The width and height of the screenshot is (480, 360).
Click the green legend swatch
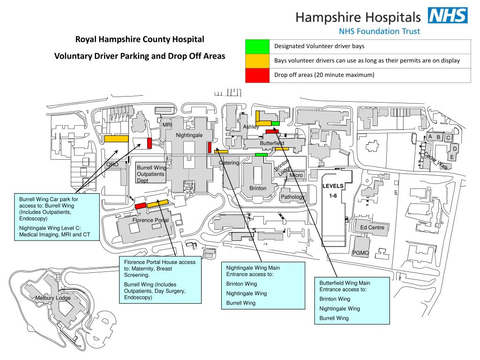pyautogui.click(x=257, y=46)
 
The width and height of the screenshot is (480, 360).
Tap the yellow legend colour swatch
pyautogui.click(x=257, y=61)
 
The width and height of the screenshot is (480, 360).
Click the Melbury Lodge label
pyautogui.click(x=52, y=298)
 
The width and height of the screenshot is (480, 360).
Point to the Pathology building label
pyautogui.click(x=293, y=197)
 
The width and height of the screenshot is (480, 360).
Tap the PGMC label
pyautogui.click(x=360, y=253)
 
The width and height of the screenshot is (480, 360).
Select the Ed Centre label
pyautogui.click(x=372, y=228)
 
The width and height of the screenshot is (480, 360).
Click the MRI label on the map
pyautogui.click(x=167, y=125)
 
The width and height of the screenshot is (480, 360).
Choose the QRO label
pyautogui.click(x=112, y=165)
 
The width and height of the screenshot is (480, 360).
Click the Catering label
pyautogui.click(x=229, y=163)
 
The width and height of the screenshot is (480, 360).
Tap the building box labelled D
pyautogui.click(x=454, y=149)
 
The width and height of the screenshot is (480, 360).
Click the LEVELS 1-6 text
pyautogui.click(x=333, y=191)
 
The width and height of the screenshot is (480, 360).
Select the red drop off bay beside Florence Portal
pyautogui.click(x=140, y=206)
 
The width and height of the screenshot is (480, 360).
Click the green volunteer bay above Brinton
pyautogui.click(x=261, y=155)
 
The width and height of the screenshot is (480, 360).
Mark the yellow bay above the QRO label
pyautogui.click(x=116, y=139)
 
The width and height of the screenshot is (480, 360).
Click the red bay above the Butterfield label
pyautogui.click(x=272, y=132)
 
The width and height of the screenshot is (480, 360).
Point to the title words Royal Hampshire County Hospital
pyautogui.click(x=140, y=39)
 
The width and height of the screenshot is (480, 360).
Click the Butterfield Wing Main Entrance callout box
pyautogui.click(x=352, y=300)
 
